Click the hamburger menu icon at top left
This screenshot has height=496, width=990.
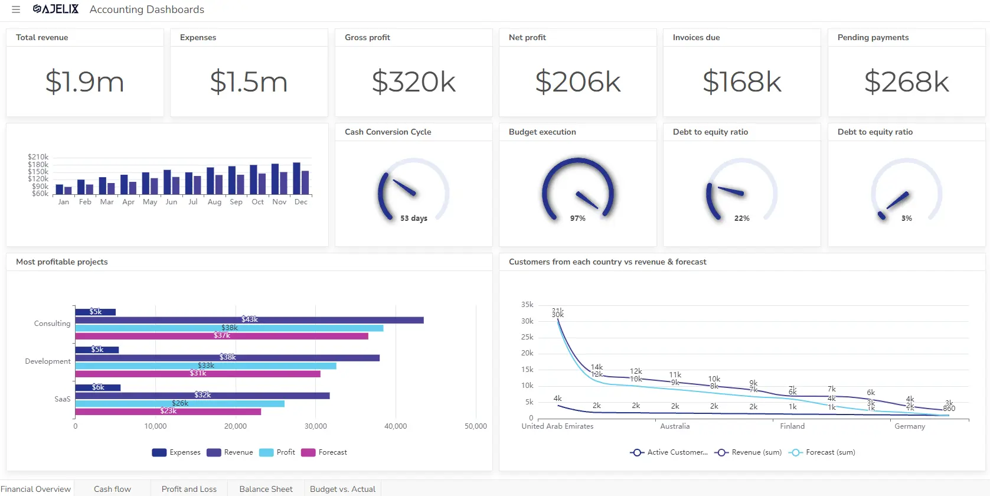[16, 9]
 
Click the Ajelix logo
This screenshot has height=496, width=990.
[55, 9]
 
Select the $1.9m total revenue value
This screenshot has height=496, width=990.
[84, 81]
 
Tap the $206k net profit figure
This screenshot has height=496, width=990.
[577, 81]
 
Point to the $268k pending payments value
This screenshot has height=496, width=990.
[906, 81]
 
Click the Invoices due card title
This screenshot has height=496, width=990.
[696, 37]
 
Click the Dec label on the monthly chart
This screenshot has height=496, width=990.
[301, 202]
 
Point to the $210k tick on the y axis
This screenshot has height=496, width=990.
[38, 157]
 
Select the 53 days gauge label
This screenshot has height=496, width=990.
[413, 218]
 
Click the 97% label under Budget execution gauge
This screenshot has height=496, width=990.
[577, 218]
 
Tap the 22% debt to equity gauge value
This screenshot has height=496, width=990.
[741, 218]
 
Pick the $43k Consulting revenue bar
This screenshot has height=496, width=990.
[249, 320]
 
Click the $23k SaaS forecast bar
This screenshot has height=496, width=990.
[168, 412]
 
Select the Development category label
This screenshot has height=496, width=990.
[47, 361]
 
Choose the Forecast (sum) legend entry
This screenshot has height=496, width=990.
[823, 452]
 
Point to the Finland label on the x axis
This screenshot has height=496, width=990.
[792, 426]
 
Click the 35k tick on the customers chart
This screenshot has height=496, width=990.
[527, 305]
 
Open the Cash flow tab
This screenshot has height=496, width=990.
[112, 489]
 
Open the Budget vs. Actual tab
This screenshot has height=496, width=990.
[342, 489]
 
